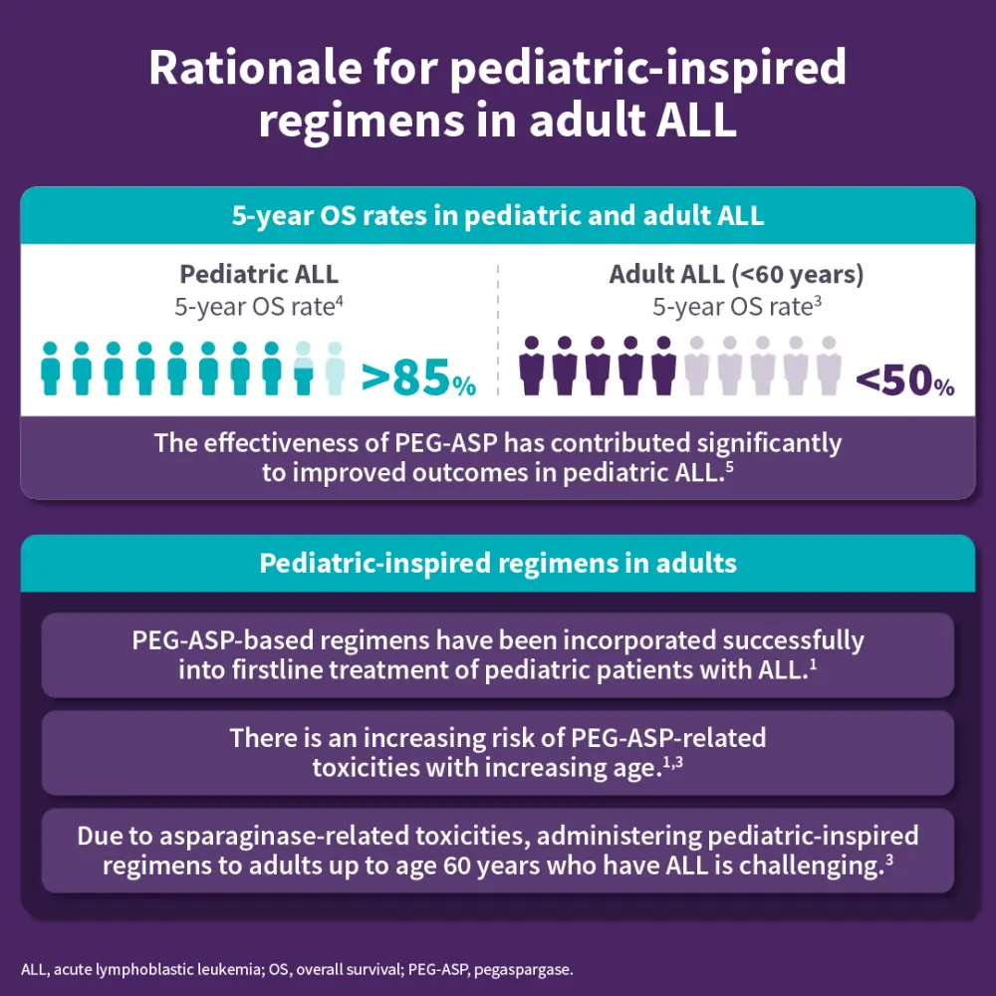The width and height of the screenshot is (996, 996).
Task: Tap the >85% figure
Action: [x=418, y=378]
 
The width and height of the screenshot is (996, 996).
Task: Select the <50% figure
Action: [x=904, y=379]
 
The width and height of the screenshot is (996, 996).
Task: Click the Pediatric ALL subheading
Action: [x=259, y=274]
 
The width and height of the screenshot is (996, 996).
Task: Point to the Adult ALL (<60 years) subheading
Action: [x=736, y=274]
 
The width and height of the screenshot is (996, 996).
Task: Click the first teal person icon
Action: [x=52, y=368]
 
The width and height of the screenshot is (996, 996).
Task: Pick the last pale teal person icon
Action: [x=335, y=368]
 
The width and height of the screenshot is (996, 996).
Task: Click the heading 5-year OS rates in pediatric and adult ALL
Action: [x=498, y=216]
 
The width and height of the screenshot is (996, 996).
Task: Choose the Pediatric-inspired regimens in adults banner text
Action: [x=498, y=564]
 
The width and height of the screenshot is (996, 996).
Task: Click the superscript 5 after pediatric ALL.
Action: [x=730, y=466]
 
